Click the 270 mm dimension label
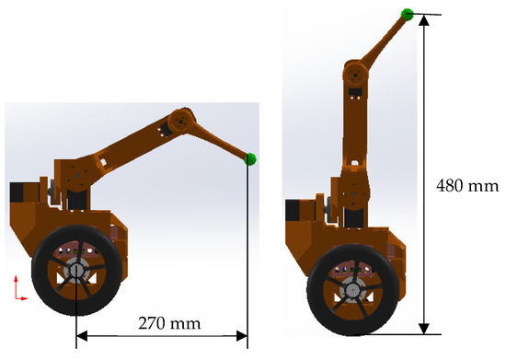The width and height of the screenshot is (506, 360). [169, 323]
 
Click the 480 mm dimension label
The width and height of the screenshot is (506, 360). [467, 186]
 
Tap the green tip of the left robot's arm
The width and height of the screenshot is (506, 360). [250, 159]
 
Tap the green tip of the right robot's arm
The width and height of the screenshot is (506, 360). [408, 15]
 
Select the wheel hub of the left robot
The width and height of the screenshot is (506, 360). [76, 270]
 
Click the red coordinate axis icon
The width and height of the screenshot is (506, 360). [20, 288]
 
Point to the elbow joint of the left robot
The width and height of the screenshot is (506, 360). [180, 122]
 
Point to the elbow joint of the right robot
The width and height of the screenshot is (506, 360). [355, 75]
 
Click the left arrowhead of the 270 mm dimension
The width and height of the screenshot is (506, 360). [82, 336]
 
